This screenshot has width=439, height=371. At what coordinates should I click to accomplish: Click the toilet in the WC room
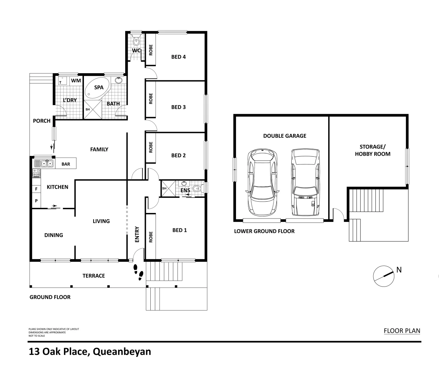(x=136, y=42)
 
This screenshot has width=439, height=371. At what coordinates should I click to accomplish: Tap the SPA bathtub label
(x=99, y=88)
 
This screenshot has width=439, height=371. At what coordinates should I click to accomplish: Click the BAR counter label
(x=66, y=164)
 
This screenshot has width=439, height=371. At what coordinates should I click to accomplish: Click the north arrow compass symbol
(x=383, y=276)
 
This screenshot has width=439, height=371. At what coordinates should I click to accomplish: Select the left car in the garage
(x=262, y=182)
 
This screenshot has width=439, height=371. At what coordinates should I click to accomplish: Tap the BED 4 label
(x=179, y=57)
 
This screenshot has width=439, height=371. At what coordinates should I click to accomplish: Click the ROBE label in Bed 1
(x=151, y=237)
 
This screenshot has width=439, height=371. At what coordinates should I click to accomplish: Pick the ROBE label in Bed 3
(x=151, y=99)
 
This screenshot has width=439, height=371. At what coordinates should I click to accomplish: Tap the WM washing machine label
(x=76, y=81)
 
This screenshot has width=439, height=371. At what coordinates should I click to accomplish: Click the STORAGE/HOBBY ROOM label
(x=373, y=150)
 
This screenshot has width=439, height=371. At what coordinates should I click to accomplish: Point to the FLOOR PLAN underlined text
(x=402, y=331)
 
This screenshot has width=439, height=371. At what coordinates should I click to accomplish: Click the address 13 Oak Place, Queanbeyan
(x=90, y=352)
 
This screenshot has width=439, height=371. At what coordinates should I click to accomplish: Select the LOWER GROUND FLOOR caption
(x=264, y=231)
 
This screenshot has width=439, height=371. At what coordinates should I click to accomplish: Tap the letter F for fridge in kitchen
(x=36, y=189)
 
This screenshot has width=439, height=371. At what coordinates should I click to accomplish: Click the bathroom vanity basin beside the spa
(x=119, y=80)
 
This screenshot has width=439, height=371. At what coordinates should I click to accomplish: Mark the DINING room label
(x=54, y=235)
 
